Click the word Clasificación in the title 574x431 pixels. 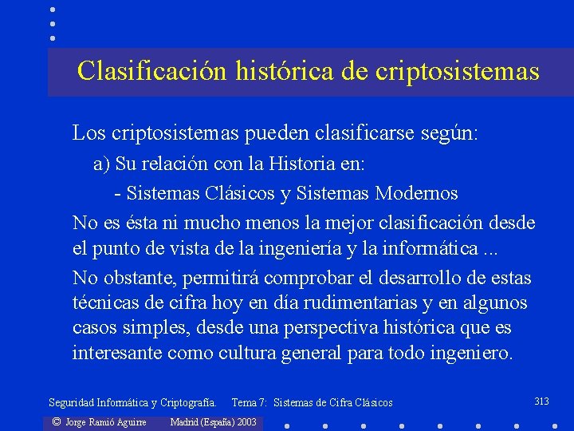151,71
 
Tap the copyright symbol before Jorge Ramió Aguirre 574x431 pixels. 56,421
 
